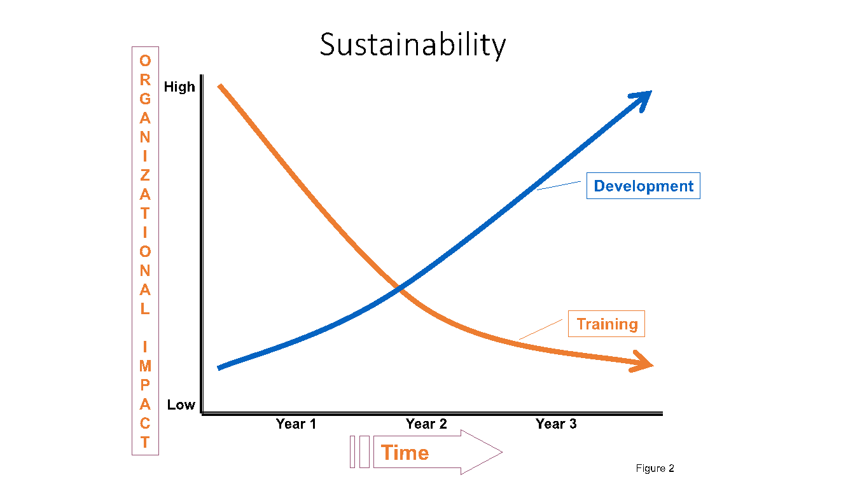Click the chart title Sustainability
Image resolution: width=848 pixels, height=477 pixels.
[x=413, y=45]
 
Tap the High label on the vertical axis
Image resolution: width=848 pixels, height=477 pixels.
[x=179, y=87]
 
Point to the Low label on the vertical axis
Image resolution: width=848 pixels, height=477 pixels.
[x=181, y=404]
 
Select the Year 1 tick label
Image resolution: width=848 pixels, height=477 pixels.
[x=296, y=424]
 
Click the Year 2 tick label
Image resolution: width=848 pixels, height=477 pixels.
[x=426, y=424]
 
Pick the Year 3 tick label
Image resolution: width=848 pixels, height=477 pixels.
[x=556, y=424]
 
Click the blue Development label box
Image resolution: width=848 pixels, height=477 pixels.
[x=643, y=186]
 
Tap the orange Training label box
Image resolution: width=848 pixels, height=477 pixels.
[x=606, y=324]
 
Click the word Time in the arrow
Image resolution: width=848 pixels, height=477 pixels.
[x=405, y=452]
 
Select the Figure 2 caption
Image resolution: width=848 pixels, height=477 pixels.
[x=655, y=468]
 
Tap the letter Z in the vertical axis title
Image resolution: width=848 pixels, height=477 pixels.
[x=145, y=176]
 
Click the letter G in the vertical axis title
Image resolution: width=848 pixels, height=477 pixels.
[x=145, y=99]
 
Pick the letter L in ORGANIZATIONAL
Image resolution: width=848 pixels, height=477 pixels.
[x=145, y=309]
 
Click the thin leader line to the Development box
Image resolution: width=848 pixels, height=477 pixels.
[x=559, y=186]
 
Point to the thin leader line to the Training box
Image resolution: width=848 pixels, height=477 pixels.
[x=541, y=329]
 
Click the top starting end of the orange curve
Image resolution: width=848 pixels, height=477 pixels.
[x=220, y=86]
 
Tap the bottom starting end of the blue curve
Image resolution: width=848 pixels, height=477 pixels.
[x=219, y=368]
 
